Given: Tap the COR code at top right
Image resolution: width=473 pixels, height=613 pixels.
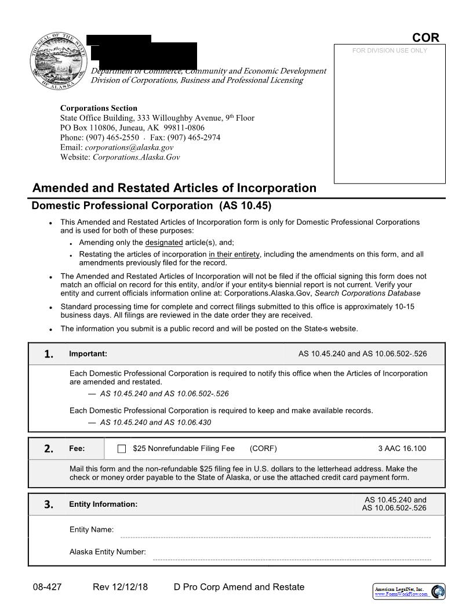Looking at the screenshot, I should (425, 38).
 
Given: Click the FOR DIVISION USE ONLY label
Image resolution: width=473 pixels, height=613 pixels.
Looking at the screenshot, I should (390, 51).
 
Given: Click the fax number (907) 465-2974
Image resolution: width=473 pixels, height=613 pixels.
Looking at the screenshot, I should (194, 138).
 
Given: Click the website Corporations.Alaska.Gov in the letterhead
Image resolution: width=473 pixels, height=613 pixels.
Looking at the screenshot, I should (136, 157).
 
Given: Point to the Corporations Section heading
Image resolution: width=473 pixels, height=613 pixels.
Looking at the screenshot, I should (99, 108).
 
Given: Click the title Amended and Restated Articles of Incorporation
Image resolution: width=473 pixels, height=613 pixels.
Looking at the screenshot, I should (174, 188).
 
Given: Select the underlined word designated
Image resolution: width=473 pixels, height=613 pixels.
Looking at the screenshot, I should (163, 243).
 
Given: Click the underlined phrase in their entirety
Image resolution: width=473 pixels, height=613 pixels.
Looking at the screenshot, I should (234, 254).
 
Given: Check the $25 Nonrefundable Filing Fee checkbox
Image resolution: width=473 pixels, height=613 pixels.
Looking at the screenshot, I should (122, 449).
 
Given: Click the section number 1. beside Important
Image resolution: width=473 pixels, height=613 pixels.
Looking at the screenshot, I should (49, 354).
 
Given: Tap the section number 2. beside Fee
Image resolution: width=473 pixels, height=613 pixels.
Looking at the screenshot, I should (49, 449).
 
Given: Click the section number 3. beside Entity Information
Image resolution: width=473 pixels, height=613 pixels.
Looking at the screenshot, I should (49, 504).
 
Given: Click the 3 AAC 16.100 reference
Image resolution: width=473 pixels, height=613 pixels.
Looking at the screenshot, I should (402, 449).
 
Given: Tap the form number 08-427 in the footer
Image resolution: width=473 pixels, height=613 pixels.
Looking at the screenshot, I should (47, 587).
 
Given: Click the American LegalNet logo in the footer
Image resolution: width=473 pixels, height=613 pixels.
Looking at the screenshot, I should (409, 592).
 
